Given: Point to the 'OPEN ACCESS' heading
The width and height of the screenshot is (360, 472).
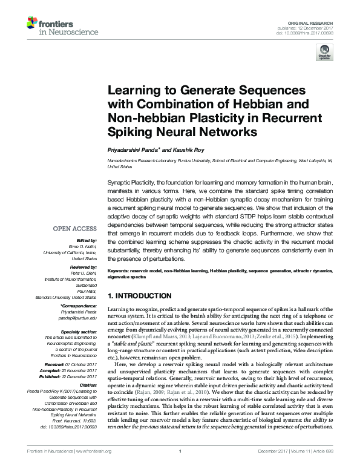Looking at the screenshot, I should (x=75, y=229).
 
